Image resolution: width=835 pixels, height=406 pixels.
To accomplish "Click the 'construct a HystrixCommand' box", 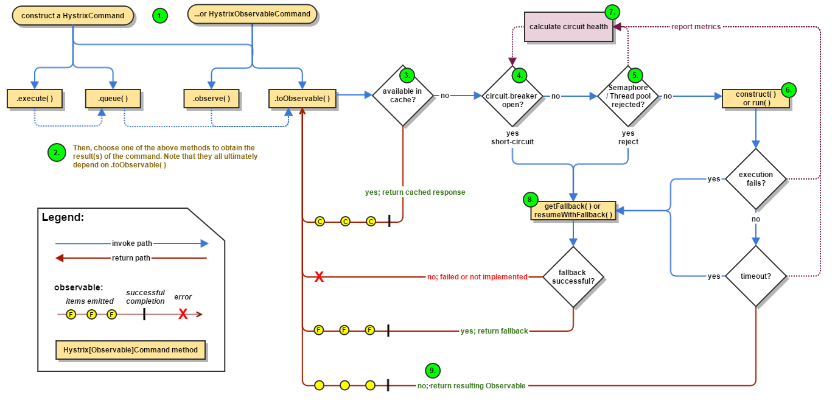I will coord(72,16).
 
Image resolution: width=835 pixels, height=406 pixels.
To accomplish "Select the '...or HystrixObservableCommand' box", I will coord(252,14).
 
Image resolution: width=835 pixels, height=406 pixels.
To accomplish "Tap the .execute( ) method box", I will coord(35,98).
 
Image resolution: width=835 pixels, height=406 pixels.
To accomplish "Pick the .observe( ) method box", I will coord(211,99).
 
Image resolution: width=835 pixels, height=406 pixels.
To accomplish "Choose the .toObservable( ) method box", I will coord(302,99).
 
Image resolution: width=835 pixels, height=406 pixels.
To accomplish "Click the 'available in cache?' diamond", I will coord(402,96).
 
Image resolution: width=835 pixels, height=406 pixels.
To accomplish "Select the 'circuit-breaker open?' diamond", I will coord(512,96).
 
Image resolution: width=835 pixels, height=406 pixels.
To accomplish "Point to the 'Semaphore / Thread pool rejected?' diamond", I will coord(627,96).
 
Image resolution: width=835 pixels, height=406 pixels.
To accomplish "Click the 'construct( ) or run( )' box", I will coord(755,99).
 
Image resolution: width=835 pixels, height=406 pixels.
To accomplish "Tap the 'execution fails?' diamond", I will coord(755,179).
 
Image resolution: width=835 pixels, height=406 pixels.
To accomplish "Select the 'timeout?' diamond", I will coord(755,276).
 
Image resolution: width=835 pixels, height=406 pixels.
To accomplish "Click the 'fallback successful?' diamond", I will coord(573,277).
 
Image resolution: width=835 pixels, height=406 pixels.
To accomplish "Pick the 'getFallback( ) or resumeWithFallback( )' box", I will coord(572,211).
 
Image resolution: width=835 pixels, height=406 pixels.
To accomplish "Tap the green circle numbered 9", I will coord(432,370).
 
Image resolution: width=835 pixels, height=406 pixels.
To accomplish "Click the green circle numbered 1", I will coord(159,16).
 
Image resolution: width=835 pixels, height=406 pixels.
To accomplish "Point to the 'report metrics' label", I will coord(696,27).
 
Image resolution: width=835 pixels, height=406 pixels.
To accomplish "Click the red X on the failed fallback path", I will coord(318,278).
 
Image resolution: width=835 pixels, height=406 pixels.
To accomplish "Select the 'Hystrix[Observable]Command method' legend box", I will coord(130,351).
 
